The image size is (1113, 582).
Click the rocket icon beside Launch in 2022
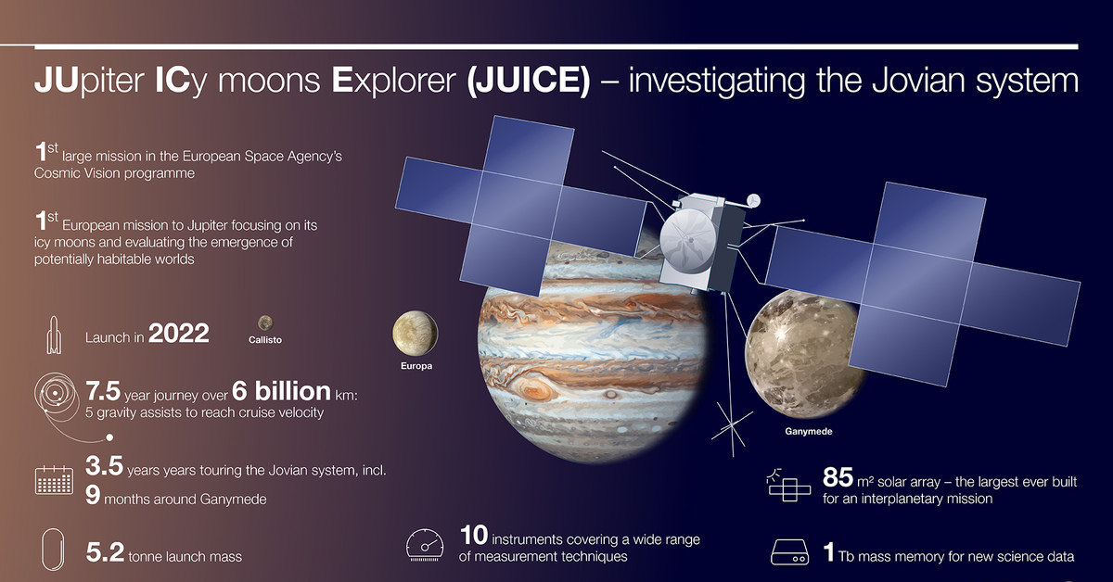click(54, 335)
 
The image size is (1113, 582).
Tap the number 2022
click(179, 334)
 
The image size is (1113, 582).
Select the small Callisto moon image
click(265, 323)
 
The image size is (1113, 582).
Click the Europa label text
click(416, 366)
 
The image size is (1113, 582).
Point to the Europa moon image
click(415, 334)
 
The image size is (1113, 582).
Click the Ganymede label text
click(809, 432)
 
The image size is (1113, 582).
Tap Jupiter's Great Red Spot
click(534, 389)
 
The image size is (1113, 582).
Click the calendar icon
click(54, 480)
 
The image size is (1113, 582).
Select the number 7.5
click(103, 391)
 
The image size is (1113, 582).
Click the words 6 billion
click(281, 391)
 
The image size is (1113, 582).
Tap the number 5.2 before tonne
click(105, 552)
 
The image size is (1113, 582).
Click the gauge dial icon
click(425, 545)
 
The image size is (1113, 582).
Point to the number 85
click(838, 477)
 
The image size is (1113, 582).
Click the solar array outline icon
click(789, 486)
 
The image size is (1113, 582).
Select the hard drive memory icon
click(789, 552)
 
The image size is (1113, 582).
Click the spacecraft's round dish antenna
click(688, 240)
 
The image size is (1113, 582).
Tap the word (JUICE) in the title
click(529, 81)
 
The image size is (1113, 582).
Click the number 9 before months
click(93, 495)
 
